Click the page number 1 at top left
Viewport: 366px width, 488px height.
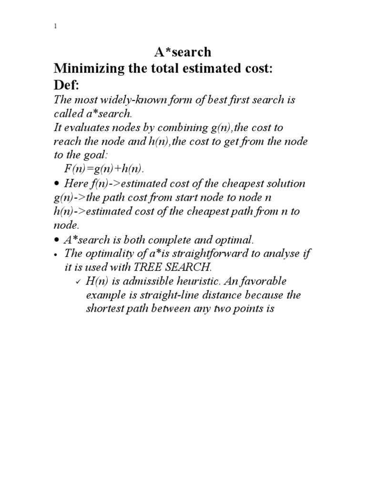pyautogui.click(x=55, y=27)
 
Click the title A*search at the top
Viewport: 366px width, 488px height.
pyautogui.click(x=183, y=51)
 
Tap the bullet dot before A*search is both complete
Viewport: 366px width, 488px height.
pyautogui.click(x=56, y=240)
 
